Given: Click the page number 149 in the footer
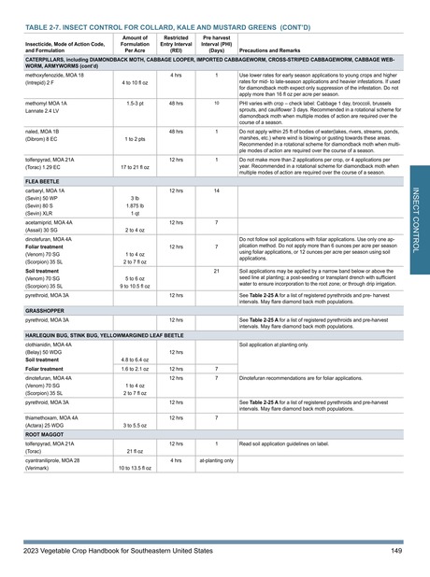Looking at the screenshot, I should point(396,552).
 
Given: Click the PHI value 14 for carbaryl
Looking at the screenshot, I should point(216,190).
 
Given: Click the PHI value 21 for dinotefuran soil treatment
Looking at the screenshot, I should point(216,271).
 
